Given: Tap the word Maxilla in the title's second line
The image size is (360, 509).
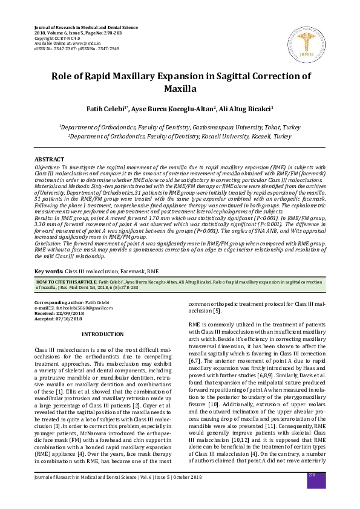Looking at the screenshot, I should pos(180,89).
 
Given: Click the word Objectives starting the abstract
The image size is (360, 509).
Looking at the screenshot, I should pos(48,166).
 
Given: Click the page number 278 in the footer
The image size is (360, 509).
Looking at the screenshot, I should pos(312,493).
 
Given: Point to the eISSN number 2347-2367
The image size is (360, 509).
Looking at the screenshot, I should pos(64,47).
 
